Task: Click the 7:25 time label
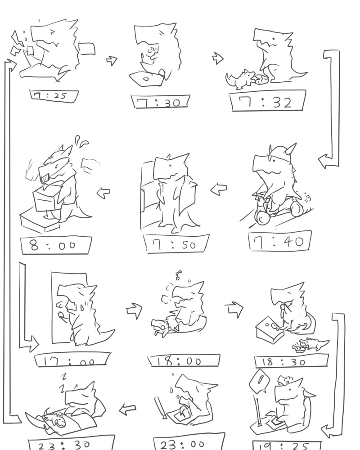(54, 96)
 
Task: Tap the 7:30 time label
(161, 102)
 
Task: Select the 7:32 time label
(268, 101)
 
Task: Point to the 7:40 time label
(280, 241)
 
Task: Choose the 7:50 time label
(176, 243)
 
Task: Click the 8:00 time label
(56, 245)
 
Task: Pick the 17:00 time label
(72, 360)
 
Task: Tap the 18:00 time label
(184, 360)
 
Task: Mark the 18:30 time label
(291, 361)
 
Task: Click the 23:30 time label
(72, 444)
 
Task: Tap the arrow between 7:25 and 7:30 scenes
(112, 60)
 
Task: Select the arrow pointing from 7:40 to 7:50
(218, 189)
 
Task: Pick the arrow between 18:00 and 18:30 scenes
(234, 309)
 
